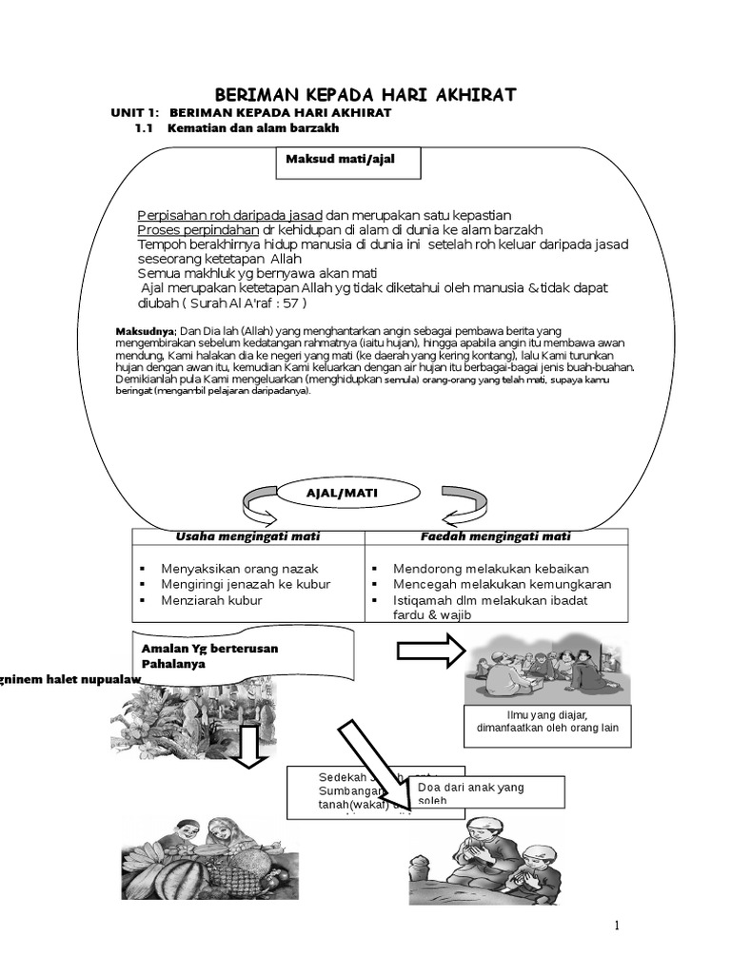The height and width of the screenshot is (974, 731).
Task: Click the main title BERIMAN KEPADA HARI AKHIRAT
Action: [365, 94]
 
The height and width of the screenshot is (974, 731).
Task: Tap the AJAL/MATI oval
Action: [334, 493]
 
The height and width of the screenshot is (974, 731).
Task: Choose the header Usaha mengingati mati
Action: [247, 536]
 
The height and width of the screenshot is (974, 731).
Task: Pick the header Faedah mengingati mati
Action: [496, 536]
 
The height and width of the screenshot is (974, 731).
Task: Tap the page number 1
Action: [617, 926]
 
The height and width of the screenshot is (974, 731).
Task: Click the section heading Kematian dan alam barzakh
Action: [252, 127]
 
